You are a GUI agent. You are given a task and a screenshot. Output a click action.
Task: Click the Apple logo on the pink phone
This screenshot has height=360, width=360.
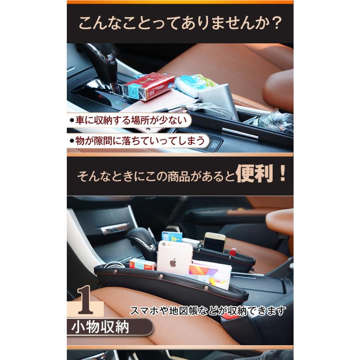click(173, 263)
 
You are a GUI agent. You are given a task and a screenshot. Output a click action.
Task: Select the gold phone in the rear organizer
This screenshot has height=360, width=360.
click(214, 242)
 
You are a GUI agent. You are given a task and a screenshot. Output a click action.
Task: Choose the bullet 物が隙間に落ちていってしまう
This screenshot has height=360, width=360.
click(138, 140)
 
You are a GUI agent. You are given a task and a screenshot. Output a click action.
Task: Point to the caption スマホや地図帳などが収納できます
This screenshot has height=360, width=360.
click(208, 310)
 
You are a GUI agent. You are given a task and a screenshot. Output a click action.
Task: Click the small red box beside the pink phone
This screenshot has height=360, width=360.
click(142, 264)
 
